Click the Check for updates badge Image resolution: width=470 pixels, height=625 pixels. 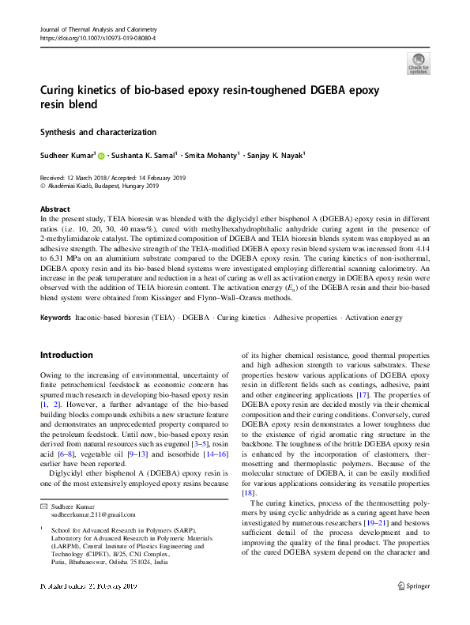click(418, 63)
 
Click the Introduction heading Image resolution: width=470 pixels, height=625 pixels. click(67, 355)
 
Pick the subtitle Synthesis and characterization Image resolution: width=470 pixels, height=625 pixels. click(98, 132)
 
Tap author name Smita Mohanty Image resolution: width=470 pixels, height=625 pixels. click(212, 156)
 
